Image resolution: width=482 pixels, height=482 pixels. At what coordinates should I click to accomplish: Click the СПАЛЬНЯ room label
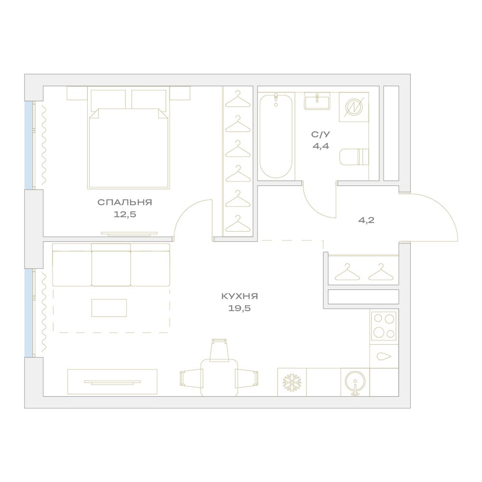point(125,202)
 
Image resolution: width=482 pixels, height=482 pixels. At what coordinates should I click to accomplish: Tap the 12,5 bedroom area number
point(125,214)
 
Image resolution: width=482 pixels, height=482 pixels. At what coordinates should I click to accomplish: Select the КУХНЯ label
point(240,296)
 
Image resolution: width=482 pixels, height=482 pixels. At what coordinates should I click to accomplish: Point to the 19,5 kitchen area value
point(240,308)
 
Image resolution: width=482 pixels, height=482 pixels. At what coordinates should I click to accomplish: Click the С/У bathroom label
point(321,134)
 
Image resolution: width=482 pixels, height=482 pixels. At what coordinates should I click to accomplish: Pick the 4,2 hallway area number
point(366,220)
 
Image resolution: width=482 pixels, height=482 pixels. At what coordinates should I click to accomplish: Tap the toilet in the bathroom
point(354,157)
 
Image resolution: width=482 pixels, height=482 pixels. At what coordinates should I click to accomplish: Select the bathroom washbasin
point(317,101)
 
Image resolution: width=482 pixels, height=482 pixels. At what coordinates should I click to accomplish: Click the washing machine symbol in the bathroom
point(354,107)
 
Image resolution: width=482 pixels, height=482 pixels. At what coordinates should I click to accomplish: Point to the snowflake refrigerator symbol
point(292,382)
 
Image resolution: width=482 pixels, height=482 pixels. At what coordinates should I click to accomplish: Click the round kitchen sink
point(355,382)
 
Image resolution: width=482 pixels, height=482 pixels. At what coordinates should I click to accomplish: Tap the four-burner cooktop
point(384,326)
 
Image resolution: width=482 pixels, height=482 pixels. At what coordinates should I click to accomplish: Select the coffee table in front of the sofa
point(109,308)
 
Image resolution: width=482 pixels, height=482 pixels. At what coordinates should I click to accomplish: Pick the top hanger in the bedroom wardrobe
point(238,99)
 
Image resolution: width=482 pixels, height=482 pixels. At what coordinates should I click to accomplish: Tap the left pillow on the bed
point(108,100)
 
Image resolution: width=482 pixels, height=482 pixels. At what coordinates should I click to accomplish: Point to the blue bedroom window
point(28,145)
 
